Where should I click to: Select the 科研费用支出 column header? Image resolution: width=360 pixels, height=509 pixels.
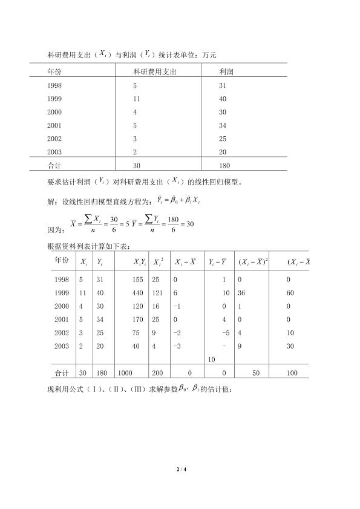[154, 71]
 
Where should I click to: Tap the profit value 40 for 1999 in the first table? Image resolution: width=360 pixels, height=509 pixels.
[223, 99]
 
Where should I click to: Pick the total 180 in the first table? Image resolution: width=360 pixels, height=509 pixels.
[225, 165]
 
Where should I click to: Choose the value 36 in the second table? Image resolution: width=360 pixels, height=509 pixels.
[241, 292]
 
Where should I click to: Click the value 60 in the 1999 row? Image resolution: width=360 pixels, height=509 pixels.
[290, 292]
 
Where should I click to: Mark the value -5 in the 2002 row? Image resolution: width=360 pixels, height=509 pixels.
[226, 332]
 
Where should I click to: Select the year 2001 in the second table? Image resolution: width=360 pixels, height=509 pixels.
[61, 319]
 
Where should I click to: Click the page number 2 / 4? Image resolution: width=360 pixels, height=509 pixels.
[180, 469]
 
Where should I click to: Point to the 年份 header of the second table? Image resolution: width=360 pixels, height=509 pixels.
[61, 260]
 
